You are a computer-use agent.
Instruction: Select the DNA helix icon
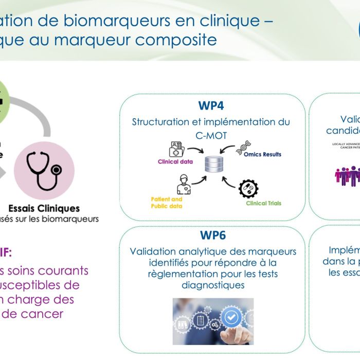(x=243, y=148)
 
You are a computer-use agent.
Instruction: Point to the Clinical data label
(x=175, y=161)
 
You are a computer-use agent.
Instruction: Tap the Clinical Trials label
(x=263, y=203)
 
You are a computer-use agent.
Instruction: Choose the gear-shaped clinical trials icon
(x=249, y=189)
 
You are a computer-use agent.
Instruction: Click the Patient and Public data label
(x=167, y=203)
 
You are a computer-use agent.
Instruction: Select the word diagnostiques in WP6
(x=212, y=284)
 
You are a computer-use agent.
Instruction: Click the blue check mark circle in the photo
(x=231, y=317)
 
